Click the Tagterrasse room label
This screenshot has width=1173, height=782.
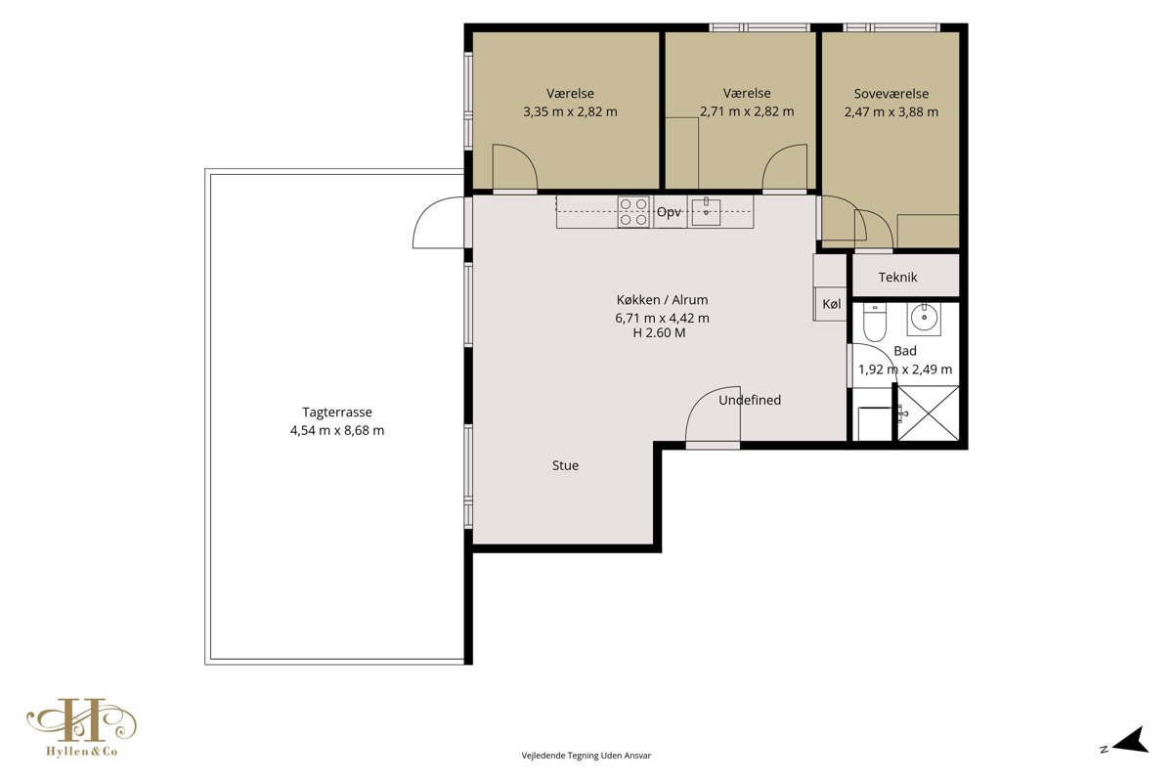pos(336,413)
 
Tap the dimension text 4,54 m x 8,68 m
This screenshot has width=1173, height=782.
pos(336,430)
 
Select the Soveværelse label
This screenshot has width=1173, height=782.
pos(891,94)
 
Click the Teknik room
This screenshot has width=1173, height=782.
pos(906,276)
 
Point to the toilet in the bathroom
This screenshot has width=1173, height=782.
pos(875,322)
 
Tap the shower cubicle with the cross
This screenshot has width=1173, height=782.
pos(929,413)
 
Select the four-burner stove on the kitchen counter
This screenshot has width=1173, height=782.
pos(633,211)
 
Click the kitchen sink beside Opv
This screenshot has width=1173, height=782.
pos(706,211)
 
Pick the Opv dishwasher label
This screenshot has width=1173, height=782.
pos(669,212)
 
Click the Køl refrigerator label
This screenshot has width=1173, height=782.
pos(832,304)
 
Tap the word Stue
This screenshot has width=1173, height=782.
pos(565,465)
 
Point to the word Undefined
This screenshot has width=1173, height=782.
pos(750,400)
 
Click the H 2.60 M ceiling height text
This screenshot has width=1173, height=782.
pos(659,332)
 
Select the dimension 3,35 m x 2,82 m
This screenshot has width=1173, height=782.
pos(570,111)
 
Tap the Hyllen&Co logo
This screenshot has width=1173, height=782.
pos(82,727)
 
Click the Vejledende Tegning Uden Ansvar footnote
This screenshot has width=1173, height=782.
pos(586,756)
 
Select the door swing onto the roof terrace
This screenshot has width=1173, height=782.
pos(439,222)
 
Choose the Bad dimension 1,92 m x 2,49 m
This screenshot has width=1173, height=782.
pos(905,369)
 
